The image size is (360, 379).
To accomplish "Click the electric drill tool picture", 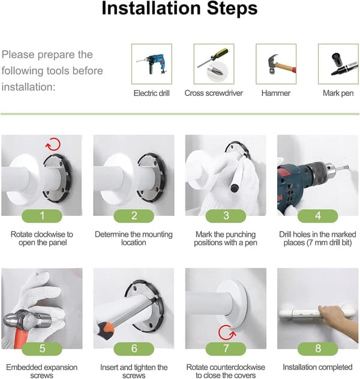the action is pyautogui.click(x=152, y=64).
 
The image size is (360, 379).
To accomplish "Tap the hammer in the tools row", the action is pyautogui.click(x=281, y=65).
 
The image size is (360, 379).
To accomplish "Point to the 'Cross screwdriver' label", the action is pyautogui.click(x=214, y=93).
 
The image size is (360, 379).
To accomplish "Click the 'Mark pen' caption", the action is pyautogui.click(x=338, y=93).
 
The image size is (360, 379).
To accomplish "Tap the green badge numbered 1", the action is pyautogui.click(x=42, y=216).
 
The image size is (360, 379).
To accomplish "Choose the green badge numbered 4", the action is pyautogui.click(x=317, y=216).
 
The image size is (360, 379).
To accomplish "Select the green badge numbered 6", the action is pyautogui.click(x=134, y=349).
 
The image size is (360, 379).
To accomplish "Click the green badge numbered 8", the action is pyautogui.click(x=317, y=349).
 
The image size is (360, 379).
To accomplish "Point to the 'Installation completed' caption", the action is pyautogui.click(x=317, y=367).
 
